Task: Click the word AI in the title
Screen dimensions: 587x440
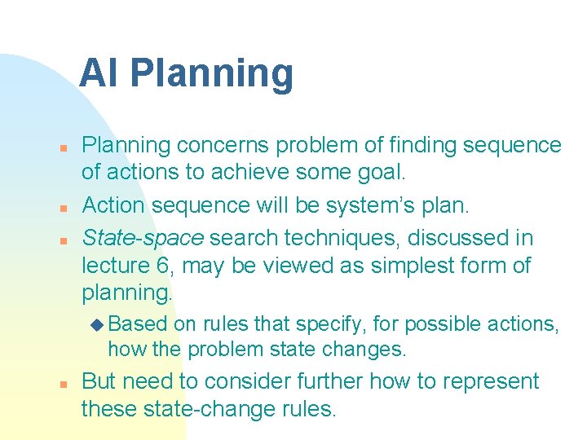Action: coord(99,73)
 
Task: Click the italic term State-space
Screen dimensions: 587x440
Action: coord(143,239)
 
